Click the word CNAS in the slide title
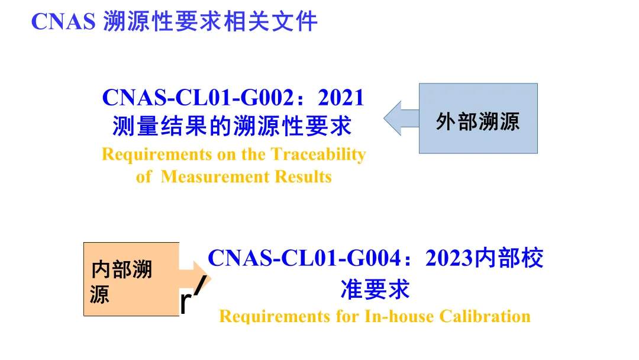click(63, 22)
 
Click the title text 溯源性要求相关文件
click(211, 22)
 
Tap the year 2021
click(341, 98)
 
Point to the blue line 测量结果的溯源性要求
click(233, 126)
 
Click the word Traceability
click(318, 155)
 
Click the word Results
click(304, 176)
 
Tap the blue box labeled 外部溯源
click(478, 118)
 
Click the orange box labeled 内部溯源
click(131, 279)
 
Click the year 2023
click(450, 258)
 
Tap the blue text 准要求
click(375, 290)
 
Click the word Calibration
click(485, 316)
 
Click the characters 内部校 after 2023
click(509, 258)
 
